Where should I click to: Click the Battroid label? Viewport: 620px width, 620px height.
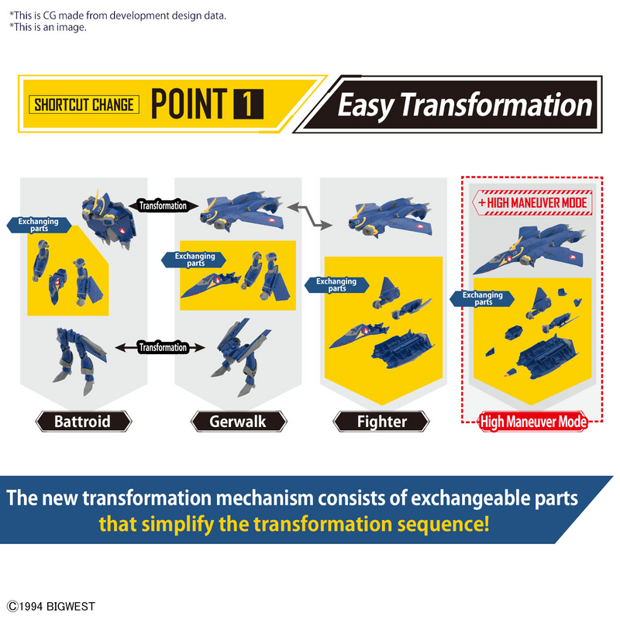84,422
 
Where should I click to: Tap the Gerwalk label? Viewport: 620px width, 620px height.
239,422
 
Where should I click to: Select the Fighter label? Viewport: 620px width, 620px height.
381,422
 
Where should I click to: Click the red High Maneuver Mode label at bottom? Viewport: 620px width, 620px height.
532,422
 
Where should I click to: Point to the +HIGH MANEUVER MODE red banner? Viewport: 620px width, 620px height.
532,203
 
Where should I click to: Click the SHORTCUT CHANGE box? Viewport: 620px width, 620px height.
84,105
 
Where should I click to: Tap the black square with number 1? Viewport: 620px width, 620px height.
248,105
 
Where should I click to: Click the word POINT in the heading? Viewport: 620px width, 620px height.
189,104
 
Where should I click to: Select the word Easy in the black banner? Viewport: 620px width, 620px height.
365,105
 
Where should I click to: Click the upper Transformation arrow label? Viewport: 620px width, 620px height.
163,205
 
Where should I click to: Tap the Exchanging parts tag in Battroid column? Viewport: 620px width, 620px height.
39,225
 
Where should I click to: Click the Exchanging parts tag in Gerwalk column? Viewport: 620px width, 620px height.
194,260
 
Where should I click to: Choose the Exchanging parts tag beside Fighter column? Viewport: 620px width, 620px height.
337,284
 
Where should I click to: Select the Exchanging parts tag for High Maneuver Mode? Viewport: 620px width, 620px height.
482,298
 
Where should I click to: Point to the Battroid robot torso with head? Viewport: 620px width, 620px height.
108,219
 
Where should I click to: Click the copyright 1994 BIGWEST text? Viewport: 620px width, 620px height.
51,606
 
